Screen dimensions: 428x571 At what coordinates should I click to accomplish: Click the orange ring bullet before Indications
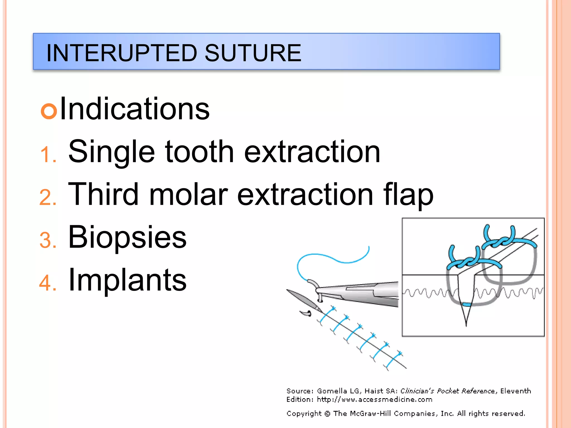[x=49, y=111]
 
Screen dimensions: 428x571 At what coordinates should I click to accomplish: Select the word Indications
[x=134, y=109]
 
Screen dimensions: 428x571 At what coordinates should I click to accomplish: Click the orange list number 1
[x=47, y=155]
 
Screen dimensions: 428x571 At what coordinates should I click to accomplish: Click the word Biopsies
[x=127, y=237]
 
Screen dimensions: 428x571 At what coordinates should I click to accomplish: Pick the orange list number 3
[x=47, y=240]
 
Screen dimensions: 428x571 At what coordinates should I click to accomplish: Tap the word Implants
[x=127, y=280]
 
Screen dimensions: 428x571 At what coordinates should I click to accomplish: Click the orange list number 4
[x=47, y=283]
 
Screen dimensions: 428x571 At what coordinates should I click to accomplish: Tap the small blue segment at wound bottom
[x=466, y=304]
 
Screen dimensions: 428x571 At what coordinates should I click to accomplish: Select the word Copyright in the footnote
[x=304, y=414]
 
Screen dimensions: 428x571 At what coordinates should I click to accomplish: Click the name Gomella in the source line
[x=332, y=391]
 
